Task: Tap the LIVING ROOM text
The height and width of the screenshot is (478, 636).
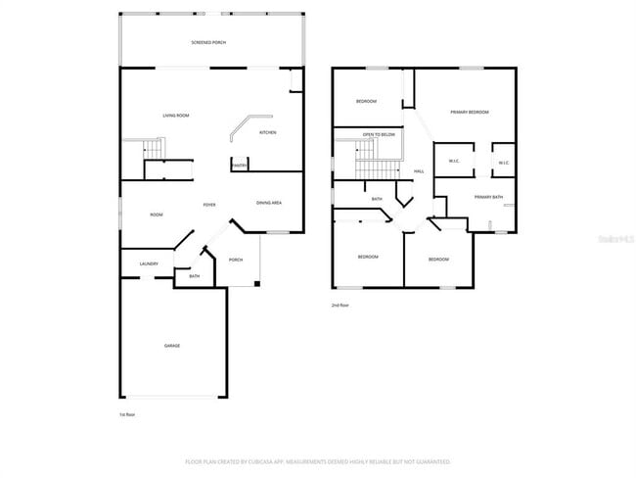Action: (175, 116)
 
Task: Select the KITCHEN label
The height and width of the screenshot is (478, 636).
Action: (267, 132)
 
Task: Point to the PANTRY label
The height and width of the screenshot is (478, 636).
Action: (239, 166)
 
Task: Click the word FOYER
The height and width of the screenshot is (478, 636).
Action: (208, 205)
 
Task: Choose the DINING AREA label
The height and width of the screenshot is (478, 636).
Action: (269, 203)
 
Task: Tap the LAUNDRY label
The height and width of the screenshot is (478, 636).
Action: (149, 263)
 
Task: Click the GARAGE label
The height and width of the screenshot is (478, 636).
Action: (171, 345)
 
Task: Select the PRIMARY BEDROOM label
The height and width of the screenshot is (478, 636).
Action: (470, 113)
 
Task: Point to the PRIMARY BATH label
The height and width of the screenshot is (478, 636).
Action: (488, 198)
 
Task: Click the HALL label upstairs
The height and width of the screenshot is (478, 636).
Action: (419, 171)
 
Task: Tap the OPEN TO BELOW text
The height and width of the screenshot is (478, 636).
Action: (379, 134)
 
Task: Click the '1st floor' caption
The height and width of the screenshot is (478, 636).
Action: (127, 415)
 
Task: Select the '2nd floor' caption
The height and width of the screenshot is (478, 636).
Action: (340, 306)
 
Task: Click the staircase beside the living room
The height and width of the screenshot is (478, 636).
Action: (153, 150)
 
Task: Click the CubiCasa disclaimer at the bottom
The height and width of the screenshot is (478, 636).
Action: (318, 460)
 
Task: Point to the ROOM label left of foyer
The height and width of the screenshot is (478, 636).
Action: (156, 215)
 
